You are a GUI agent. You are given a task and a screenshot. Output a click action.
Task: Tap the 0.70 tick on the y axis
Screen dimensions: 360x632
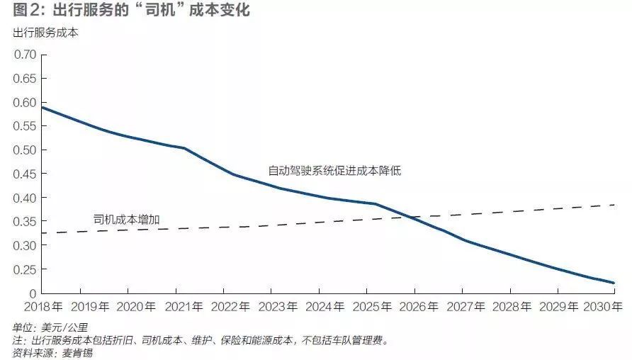25,55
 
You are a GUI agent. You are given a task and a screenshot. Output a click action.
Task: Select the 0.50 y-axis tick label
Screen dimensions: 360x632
25,150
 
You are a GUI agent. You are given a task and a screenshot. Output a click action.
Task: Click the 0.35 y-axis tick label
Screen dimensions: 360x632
25,222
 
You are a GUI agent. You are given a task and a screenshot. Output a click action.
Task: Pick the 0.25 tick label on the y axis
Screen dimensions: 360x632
25,269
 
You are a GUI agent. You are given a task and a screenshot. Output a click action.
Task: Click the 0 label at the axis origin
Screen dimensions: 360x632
31,293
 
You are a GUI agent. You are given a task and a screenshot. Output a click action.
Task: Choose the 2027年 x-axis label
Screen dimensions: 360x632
465,307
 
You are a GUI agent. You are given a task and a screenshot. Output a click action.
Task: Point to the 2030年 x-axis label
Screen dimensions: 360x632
603,307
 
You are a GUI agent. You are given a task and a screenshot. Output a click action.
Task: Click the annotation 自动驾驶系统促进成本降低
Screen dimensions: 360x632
335,171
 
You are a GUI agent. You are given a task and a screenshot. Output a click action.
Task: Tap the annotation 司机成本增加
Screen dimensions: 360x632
126,220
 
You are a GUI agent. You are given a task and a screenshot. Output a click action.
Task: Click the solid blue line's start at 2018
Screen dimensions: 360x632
43,107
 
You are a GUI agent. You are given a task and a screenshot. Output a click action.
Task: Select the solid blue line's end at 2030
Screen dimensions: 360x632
613,283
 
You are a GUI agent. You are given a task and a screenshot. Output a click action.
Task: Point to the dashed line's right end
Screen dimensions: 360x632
613,205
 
